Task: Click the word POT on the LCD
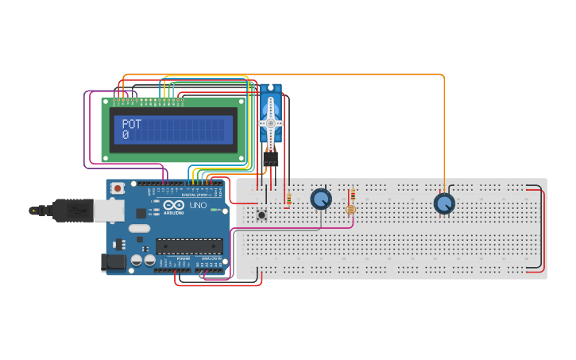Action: point(131,124)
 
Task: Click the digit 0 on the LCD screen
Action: point(126,135)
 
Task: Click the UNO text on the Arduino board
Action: point(198,206)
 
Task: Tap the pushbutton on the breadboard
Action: point(261,214)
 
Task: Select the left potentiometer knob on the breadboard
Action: point(321,199)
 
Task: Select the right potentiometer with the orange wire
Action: point(444,203)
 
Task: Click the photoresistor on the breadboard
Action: point(350,210)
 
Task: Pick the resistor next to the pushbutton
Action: point(288,198)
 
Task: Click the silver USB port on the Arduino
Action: point(109,210)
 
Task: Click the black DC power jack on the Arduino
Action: point(114,261)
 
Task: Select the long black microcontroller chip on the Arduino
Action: point(188,246)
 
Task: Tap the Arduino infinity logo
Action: point(172,205)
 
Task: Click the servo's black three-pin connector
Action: point(270,159)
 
